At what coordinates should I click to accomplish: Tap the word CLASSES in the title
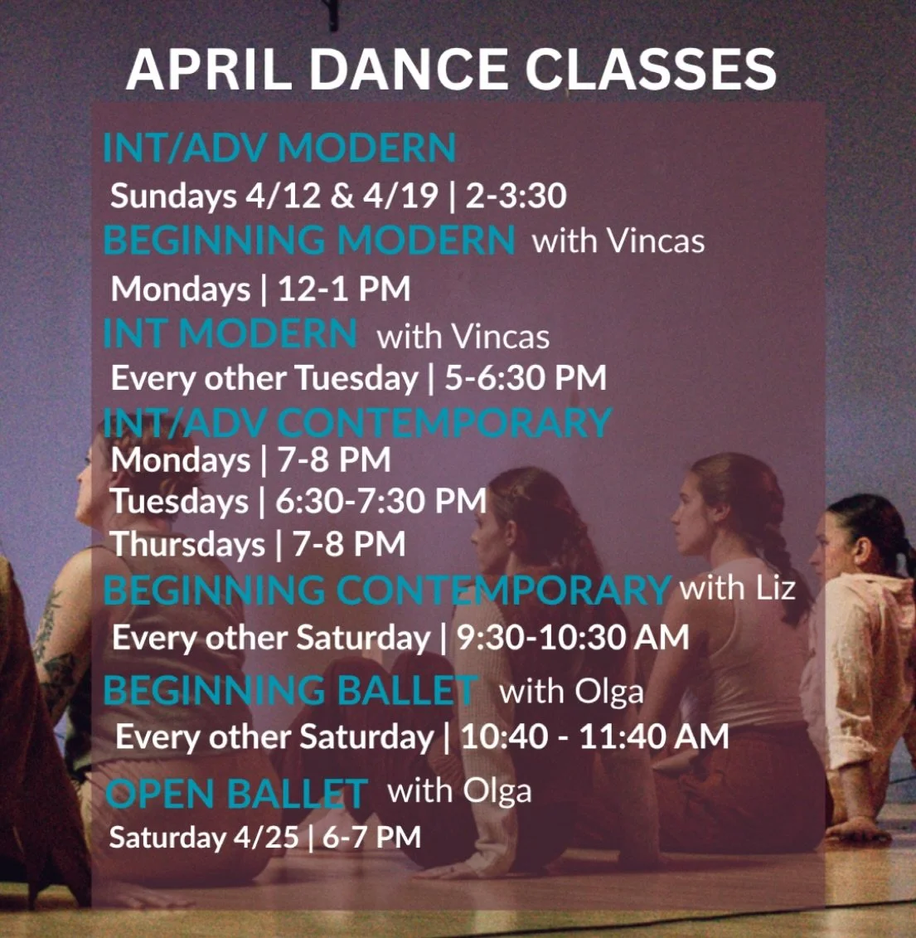[651, 69]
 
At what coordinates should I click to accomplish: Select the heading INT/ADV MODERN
[279, 148]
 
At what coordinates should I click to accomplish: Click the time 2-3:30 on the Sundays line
[516, 196]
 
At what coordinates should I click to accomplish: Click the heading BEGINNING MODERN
[309, 241]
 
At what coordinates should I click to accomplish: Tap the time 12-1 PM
[344, 289]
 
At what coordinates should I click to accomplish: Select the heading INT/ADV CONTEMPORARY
[357, 423]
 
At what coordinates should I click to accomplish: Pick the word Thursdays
[188, 545]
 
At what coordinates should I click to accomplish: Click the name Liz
[775, 588]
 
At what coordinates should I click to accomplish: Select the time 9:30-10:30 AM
[573, 637]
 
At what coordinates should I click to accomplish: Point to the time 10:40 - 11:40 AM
[594, 736]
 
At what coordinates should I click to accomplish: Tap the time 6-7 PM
[372, 837]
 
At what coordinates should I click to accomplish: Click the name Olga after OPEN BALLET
[497, 791]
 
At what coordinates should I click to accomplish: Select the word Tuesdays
[180, 501]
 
